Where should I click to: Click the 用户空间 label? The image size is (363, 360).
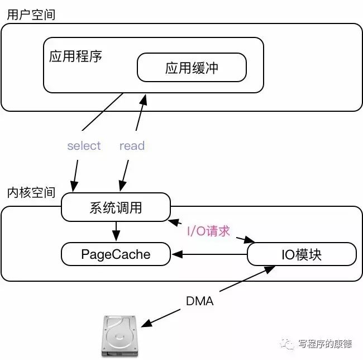[31, 15]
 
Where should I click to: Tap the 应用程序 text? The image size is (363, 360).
[75, 56]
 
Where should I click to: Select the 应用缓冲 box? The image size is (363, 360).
[192, 68]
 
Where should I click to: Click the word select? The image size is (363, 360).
[84, 146]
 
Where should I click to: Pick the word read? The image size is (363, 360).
[132, 146]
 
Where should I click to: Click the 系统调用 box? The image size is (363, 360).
[116, 207]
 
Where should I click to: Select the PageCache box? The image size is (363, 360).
[116, 254]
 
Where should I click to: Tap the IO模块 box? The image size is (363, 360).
[302, 254]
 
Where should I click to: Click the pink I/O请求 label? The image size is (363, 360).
[208, 231]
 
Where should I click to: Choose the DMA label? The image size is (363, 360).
[200, 301]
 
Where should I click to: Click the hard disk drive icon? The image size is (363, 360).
[120, 335]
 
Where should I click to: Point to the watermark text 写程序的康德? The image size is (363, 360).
[325, 344]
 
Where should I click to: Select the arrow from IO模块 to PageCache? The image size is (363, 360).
[209, 254]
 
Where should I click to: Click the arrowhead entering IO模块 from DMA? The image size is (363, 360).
[270, 269]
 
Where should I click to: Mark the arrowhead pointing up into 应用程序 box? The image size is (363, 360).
[144, 100]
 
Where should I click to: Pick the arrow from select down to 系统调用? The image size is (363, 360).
[75, 176]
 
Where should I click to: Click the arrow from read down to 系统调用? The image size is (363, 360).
[124, 176]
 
